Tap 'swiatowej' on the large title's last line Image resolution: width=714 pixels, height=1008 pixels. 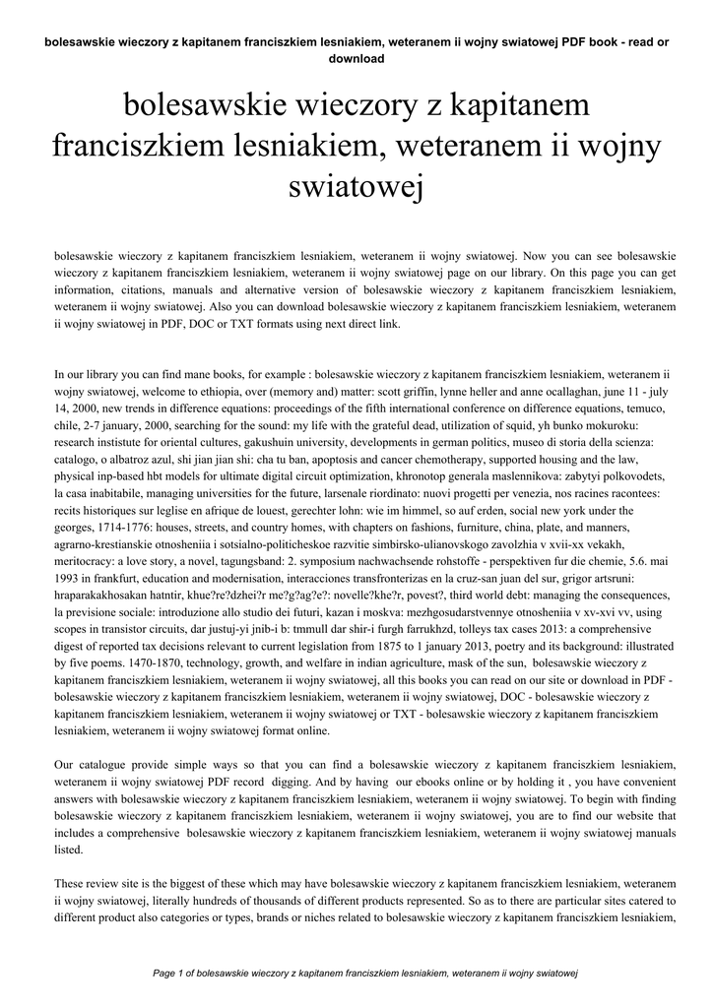[357, 185]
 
